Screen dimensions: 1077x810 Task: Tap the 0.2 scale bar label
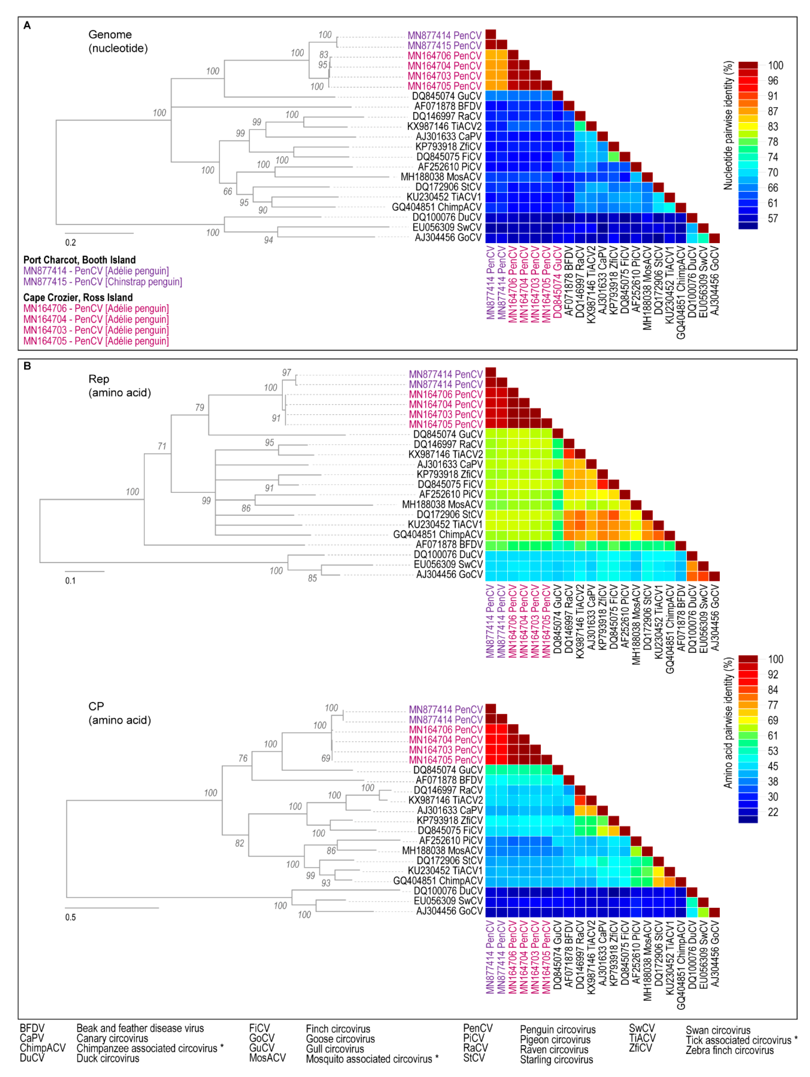tap(71, 242)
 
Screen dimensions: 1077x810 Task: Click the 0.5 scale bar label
tap(71, 917)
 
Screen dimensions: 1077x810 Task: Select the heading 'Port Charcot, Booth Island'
tap(79, 260)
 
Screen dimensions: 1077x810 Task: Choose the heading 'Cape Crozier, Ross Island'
tap(78, 298)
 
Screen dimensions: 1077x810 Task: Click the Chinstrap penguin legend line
tap(103, 282)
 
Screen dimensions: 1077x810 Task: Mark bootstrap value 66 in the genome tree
tap(228, 191)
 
